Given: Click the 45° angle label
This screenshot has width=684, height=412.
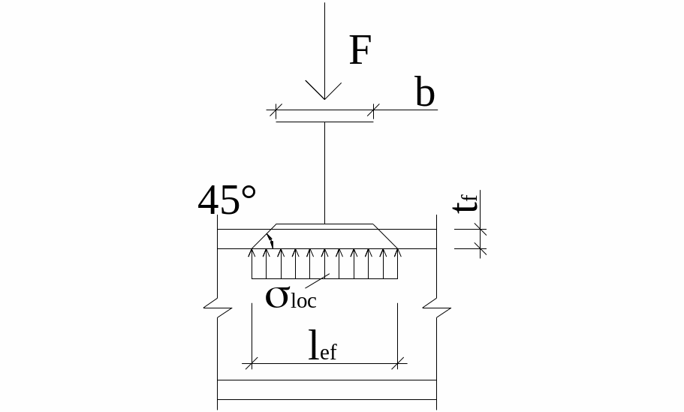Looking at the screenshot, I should (227, 200).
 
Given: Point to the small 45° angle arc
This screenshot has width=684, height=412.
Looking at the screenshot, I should (270, 241).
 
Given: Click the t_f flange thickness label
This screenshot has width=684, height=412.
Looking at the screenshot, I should (469, 202).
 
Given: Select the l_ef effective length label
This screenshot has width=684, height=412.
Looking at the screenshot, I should (323, 347).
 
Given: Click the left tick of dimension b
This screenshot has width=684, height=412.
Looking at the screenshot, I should (276, 110).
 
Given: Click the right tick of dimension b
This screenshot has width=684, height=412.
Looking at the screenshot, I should (373, 110).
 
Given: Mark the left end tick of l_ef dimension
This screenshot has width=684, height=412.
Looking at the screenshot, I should (252, 364).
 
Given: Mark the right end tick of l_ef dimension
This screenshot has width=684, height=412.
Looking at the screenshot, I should (397, 364).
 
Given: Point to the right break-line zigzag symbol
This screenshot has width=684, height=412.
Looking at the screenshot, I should (436, 307).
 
